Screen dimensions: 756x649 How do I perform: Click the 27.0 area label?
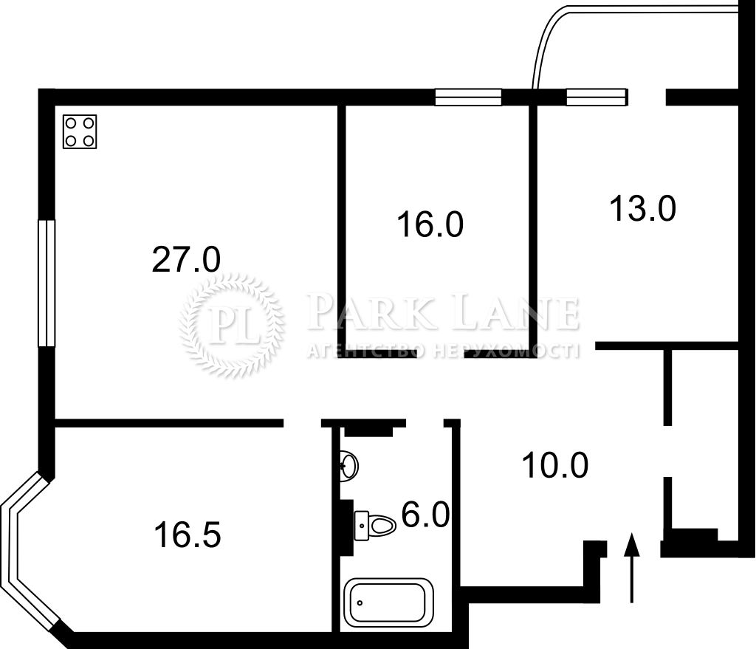click(x=186, y=259)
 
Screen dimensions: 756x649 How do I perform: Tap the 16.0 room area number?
click(x=430, y=224)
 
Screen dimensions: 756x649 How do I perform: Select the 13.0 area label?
click(x=643, y=208)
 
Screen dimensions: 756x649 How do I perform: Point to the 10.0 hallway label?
click(x=555, y=465)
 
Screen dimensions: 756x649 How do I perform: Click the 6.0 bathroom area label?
click(x=426, y=515)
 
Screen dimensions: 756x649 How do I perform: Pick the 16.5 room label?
click(x=188, y=535)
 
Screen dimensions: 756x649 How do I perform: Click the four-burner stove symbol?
click(x=80, y=131)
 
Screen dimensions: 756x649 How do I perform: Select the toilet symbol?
click(x=375, y=525)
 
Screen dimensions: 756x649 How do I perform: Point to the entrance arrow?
click(x=632, y=568)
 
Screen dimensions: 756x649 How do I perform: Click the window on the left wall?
click(x=47, y=283)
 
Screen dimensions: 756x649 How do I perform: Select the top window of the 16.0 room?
click(x=468, y=97)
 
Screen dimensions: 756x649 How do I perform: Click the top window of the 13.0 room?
click(x=597, y=97)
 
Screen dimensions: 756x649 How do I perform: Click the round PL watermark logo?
click(x=231, y=325)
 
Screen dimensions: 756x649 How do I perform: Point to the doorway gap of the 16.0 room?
click(x=440, y=354)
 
